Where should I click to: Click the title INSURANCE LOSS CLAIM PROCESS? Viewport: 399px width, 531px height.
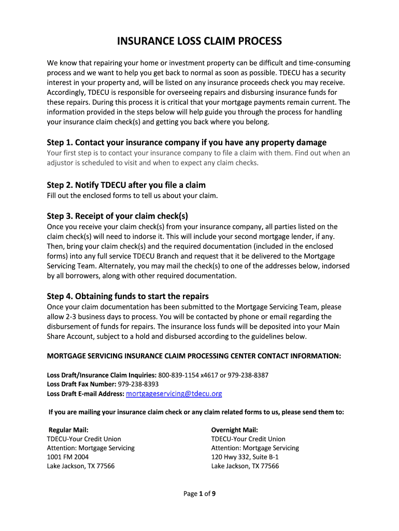pyautogui.click(x=199, y=41)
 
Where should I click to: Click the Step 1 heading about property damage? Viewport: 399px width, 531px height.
pyautogui.click(x=187, y=142)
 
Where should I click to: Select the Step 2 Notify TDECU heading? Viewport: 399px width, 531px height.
pyautogui.click(x=126, y=185)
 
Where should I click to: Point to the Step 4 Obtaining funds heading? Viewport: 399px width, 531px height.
pyautogui.click(x=127, y=296)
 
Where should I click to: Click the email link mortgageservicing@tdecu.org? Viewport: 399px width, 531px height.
pyautogui.click(x=174, y=394)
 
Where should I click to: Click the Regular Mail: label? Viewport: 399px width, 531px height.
pyautogui.click(x=68, y=430)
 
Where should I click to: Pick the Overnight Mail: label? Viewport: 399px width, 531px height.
pyautogui.click(x=234, y=430)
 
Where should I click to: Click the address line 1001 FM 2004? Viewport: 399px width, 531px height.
pyautogui.click(x=67, y=457)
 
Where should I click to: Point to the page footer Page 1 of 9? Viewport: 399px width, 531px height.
pyautogui.click(x=199, y=494)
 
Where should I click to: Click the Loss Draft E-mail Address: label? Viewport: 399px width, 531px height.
pyautogui.click(x=85, y=394)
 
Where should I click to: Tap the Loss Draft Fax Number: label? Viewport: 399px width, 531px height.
pyautogui.click(x=81, y=384)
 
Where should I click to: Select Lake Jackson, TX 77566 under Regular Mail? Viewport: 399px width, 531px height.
pyautogui.click(x=80, y=466)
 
